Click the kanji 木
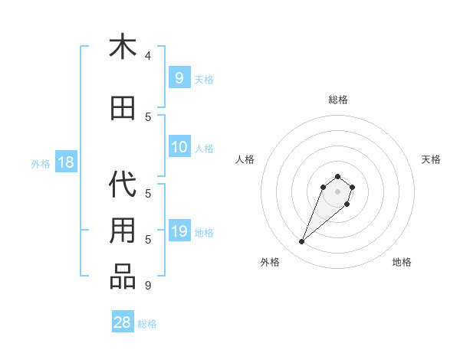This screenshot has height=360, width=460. click(x=123, y=47)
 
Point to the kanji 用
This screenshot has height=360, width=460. click(x=123, y=231)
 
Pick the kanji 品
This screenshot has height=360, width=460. click(x=123, y=277)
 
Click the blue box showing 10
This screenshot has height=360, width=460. click(x=179, y=147)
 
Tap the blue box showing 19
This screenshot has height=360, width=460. click(x=179, y=231)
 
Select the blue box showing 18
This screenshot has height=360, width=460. click(x=65, y=162)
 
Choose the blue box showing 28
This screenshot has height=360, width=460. click(x=123, y=322)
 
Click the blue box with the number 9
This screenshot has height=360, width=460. click(x=179, y=78)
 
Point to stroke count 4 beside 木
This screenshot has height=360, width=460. click(x=148, y=56)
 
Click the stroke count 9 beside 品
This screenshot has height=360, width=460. click(x=148, y=286)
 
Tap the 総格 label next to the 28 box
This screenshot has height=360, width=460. click(x=147, y=323)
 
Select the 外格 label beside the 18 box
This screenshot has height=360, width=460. click(x=40, y=163)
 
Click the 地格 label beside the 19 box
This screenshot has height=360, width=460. click(x=204, y=232)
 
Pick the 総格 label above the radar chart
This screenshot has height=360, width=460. click(x=337, y=100)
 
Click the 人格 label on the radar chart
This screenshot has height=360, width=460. click(x=245, y=159)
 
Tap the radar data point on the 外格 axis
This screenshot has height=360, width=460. click(x=302, y=242)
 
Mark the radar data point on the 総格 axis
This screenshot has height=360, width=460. click(x=337, y=176)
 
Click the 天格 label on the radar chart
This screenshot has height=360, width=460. click(x=431, y=159)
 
